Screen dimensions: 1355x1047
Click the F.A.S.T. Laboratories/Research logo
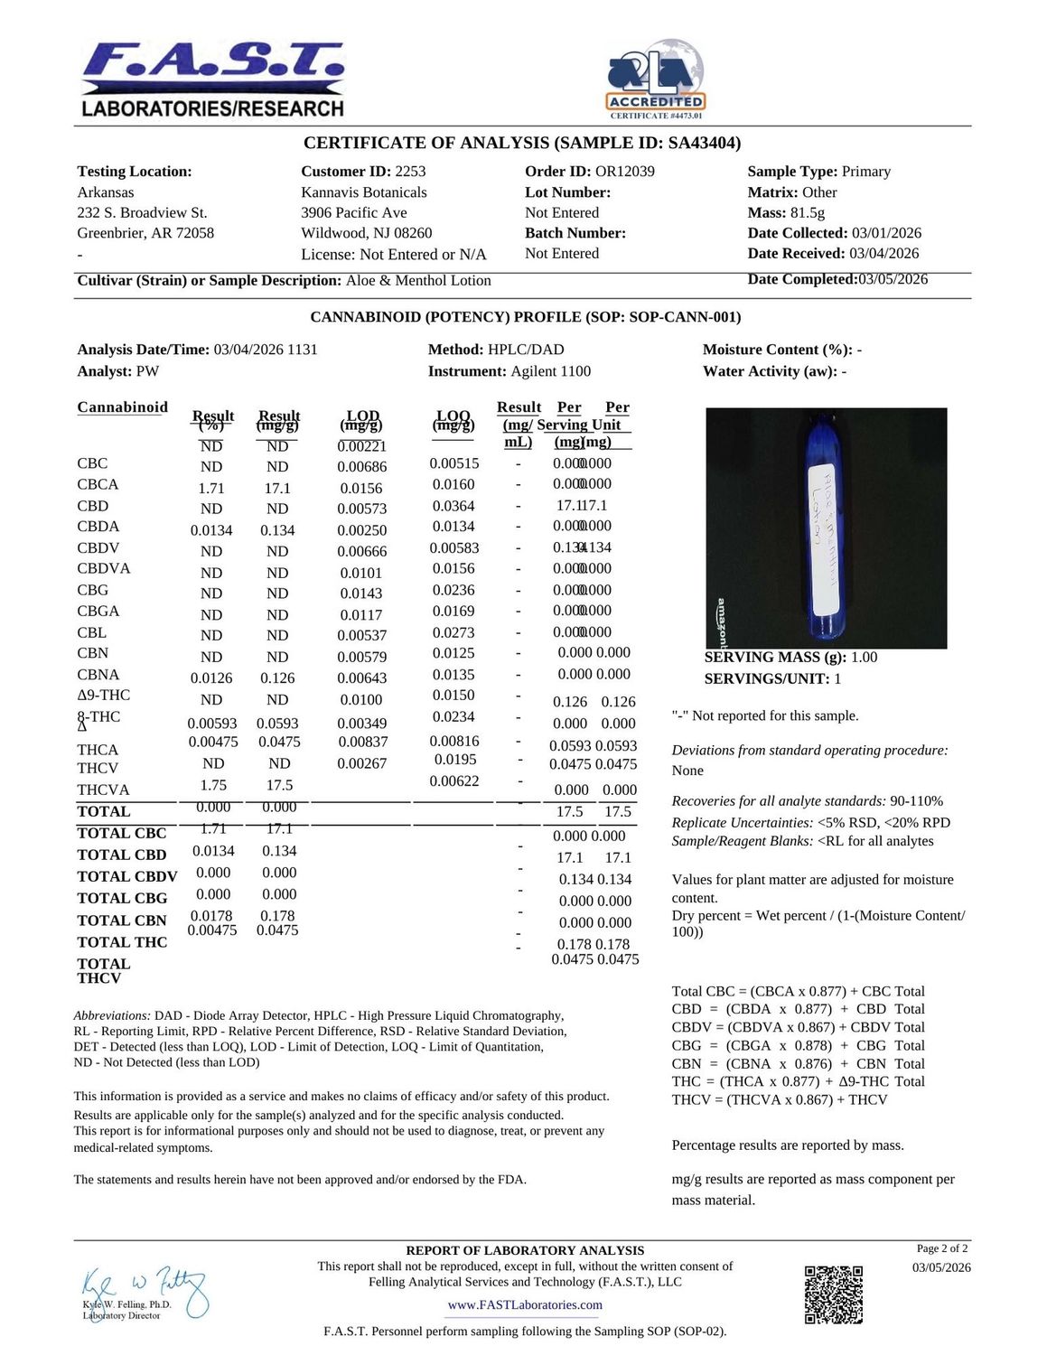213,79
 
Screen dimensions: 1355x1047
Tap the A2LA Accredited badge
655,79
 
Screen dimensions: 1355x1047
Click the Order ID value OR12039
624,172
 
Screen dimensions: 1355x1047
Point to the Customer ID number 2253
410,172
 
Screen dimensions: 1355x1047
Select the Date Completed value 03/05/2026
893,279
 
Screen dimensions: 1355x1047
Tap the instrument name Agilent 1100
550,371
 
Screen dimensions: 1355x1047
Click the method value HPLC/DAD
526,350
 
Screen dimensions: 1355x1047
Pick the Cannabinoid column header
123,407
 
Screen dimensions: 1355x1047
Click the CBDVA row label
104,568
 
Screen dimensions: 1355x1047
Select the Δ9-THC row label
104,696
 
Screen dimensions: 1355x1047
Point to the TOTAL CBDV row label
127,876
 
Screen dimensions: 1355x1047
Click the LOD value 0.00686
362,467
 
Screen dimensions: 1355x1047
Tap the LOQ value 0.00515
454,463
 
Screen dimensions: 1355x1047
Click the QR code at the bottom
833,1294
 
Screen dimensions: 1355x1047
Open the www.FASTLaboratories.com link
525,1305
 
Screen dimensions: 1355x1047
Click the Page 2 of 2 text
942,1248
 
